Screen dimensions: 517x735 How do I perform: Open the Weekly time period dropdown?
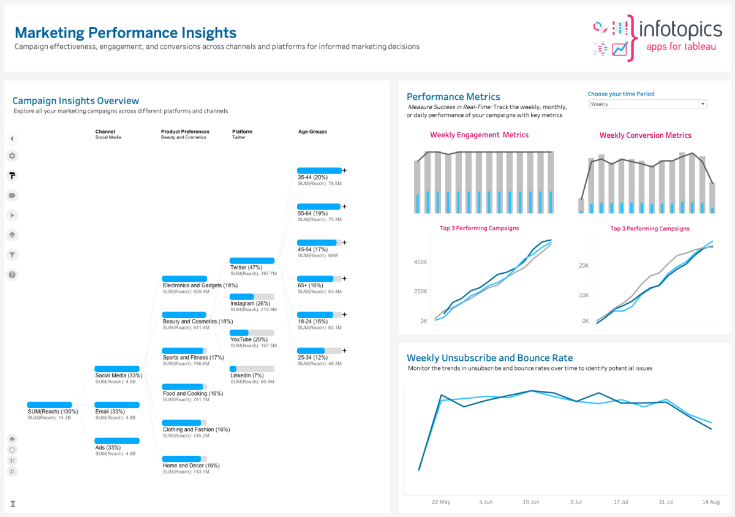click(647, 104)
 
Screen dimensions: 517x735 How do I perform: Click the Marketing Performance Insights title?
click(126, 32)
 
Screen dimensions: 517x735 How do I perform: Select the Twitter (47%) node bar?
click(252, 261)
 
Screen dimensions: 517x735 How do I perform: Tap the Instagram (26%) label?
click(250, 304)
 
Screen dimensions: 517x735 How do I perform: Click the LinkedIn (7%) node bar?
click(252, 369)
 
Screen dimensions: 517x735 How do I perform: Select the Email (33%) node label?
click(110, 412)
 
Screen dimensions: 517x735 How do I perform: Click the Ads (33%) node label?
click(108, 448)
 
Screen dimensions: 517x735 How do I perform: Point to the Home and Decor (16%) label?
click(191, 466)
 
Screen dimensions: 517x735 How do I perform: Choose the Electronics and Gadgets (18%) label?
click(200, 285)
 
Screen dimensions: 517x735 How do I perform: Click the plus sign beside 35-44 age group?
click(344, 171)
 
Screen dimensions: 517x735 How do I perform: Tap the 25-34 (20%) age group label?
click(312, 358)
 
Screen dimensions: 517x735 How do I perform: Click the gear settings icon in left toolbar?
click(12, 156)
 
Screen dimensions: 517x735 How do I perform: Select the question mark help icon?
click(12, 275)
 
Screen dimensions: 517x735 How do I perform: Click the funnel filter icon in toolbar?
click(12, 255)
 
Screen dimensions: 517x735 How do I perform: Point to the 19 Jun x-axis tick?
click(531, 502)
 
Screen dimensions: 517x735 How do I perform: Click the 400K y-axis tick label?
click(420, 262)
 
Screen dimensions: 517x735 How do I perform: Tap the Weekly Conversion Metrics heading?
click(645, 135)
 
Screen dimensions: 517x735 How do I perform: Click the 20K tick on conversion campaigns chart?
click(583, 266)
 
